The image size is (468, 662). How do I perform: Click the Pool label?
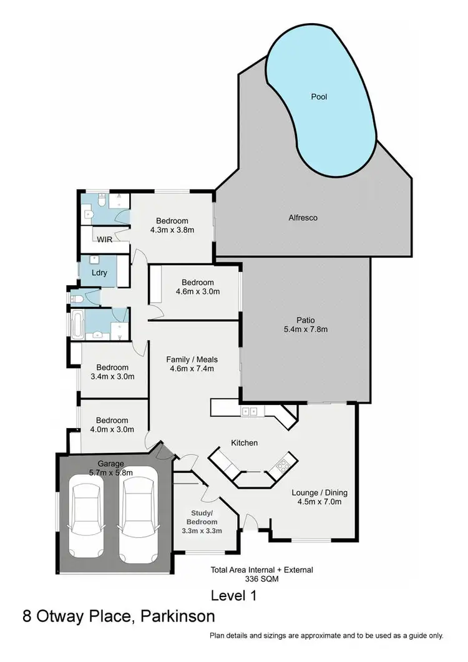coord(319,97)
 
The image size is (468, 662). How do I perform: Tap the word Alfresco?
coord(303,218)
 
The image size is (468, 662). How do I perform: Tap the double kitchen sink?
coord(251,411)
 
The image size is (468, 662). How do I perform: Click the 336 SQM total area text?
coord(261,579)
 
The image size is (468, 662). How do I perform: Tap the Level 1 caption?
coord(234,595)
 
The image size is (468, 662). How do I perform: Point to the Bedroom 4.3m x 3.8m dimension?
coord(172,230)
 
